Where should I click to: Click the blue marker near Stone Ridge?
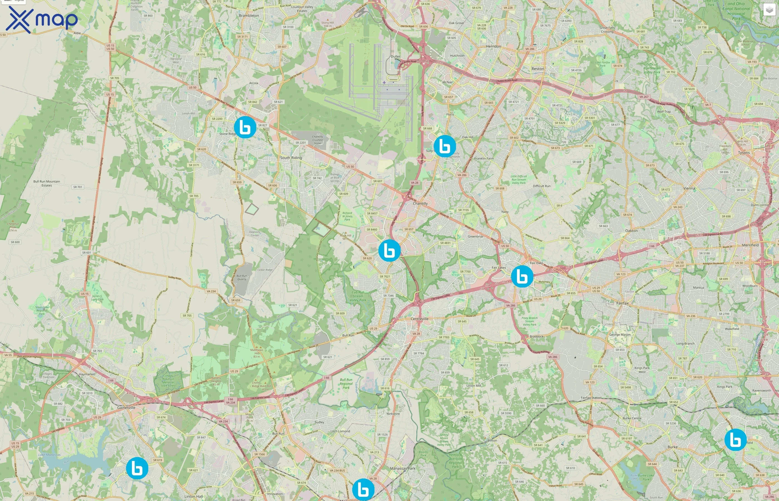pos(245,127)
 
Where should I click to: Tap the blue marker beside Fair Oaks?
pos(522,276)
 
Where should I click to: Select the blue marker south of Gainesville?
pos(137,468)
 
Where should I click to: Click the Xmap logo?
pos(42,20)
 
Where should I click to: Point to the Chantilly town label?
pos(420,203)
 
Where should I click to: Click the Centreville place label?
pos(420,319)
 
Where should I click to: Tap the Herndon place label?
pos(493,46)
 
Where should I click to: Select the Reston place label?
pos(538,69)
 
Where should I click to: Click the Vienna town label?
pos(689,188)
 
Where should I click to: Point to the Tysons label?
pos(744,153)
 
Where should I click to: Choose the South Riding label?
pos(291,158)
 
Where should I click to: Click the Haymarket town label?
pos(87,374)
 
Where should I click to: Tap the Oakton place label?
pos(631,231)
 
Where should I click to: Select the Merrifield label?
pos(750,245)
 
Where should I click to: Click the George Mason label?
pos(620,335)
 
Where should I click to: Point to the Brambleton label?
pos(249,16)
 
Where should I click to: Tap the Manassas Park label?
pos(403,468)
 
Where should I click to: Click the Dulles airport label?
pos(395,57)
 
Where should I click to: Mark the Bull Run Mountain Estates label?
pos(46,183)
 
